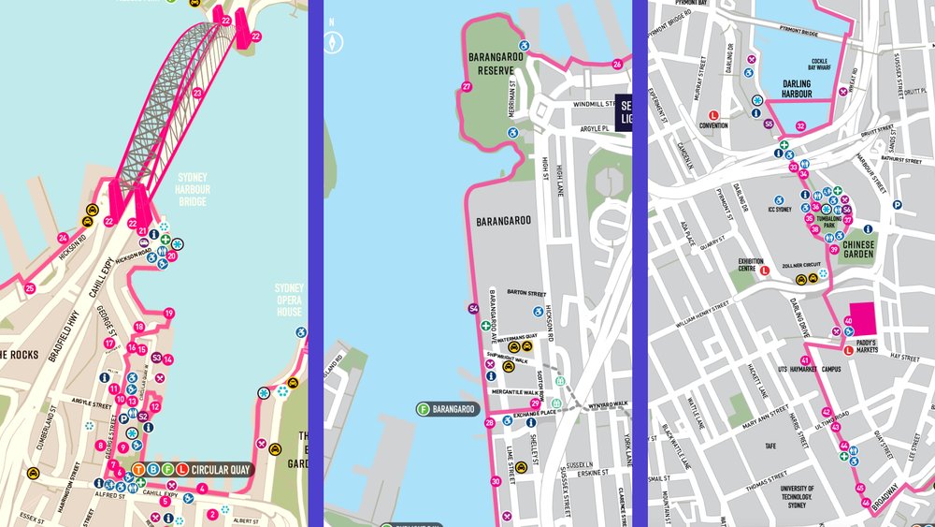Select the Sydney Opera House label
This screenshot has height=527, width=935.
pyautogui.click(x=289, y=300)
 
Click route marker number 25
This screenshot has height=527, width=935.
pyautogui.click(x=30, y=288)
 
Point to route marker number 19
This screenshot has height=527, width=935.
pyautogui.click(x=169, y=314)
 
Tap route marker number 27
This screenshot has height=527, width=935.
pyautogui.click(x=467, y=87)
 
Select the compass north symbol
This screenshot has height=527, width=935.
pyautogui.click(x=330, y=40)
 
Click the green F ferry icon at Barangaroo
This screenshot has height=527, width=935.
pyautogui.click(x=424, y=409)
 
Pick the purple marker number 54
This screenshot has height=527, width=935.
pyautogui.click(x=473, y=308)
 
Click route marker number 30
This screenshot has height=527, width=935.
pyautogui.click(x=496, y=481)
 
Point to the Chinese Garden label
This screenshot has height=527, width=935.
pyautogui.click(x=858, y=248)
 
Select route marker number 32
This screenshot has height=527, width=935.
pyautogui.click(x=800, y=125)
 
